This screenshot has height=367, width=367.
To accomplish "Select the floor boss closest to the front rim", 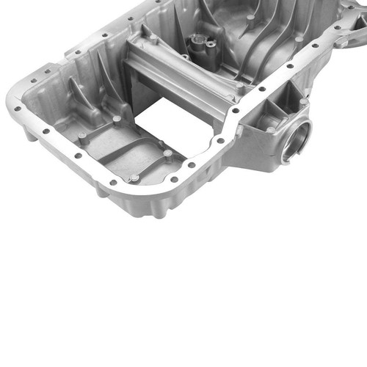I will click(134, 178).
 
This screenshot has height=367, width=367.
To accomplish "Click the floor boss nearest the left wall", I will click(81, 136).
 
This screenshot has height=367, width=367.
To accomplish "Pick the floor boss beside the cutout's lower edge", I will click(168, 154).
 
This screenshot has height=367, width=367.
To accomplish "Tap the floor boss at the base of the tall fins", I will click(117, 119).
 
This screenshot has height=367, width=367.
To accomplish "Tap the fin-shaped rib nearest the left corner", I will click(81, 95).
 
